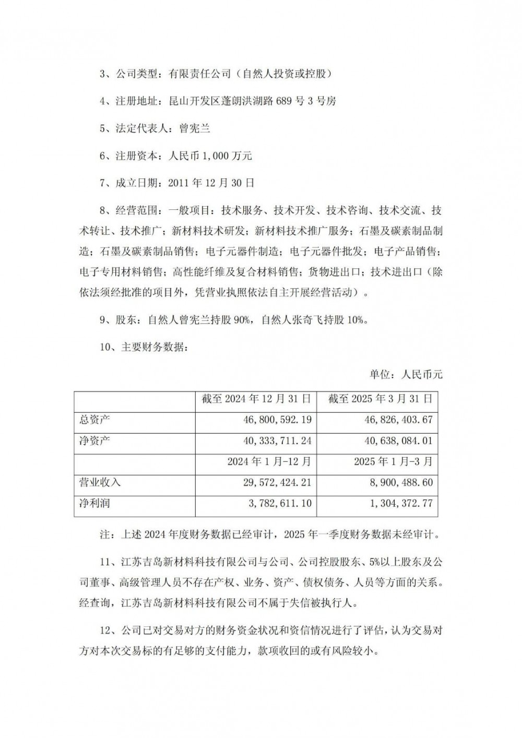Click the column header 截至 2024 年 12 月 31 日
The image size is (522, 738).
[x=256, y=399]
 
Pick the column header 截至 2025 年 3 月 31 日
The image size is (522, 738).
[x=380, y=399]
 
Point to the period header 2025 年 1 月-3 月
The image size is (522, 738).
[x=393, y=462]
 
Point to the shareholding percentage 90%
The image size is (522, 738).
[x=243, y=320]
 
